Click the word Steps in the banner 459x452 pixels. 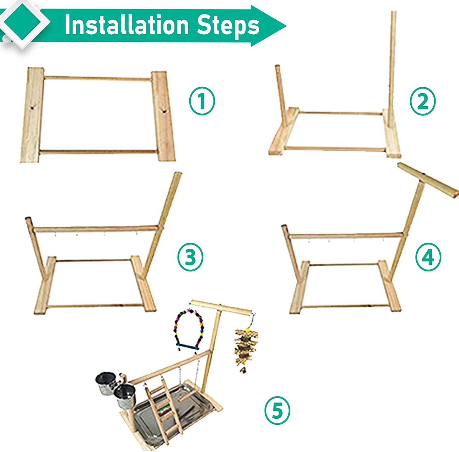(x=228, y=25)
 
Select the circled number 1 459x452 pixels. (x=202, y=101)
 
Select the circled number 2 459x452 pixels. (x=422, y=101)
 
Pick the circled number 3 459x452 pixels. (x=190, y=257)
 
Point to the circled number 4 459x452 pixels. (x=428, y=257)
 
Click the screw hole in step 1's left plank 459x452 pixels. (x=32, y=108)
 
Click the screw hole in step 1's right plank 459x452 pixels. (x=164, y=111)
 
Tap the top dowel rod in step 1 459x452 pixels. (x=97, y=78)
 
